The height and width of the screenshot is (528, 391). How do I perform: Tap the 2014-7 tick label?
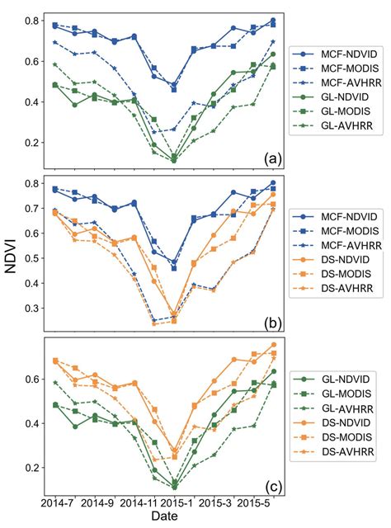57,502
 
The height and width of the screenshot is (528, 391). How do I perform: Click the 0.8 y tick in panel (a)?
33,20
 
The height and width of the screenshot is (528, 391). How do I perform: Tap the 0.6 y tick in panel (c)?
33,379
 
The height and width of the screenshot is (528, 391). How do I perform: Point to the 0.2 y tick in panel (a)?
33,142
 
